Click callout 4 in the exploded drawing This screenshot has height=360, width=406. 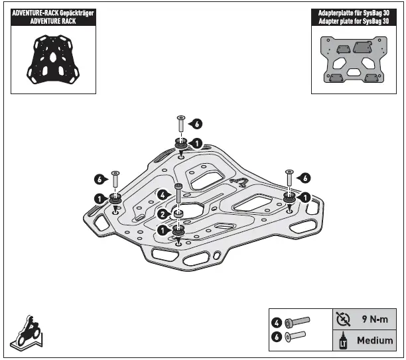[163, 195]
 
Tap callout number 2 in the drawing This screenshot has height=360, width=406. [163, 213]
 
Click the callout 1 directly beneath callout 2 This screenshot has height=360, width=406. [163, 229]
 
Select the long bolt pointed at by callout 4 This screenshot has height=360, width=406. [178, 198]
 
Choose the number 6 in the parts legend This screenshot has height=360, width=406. [277, 337]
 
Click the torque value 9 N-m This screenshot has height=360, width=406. [374, 319]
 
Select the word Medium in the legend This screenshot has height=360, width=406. [375, 341]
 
